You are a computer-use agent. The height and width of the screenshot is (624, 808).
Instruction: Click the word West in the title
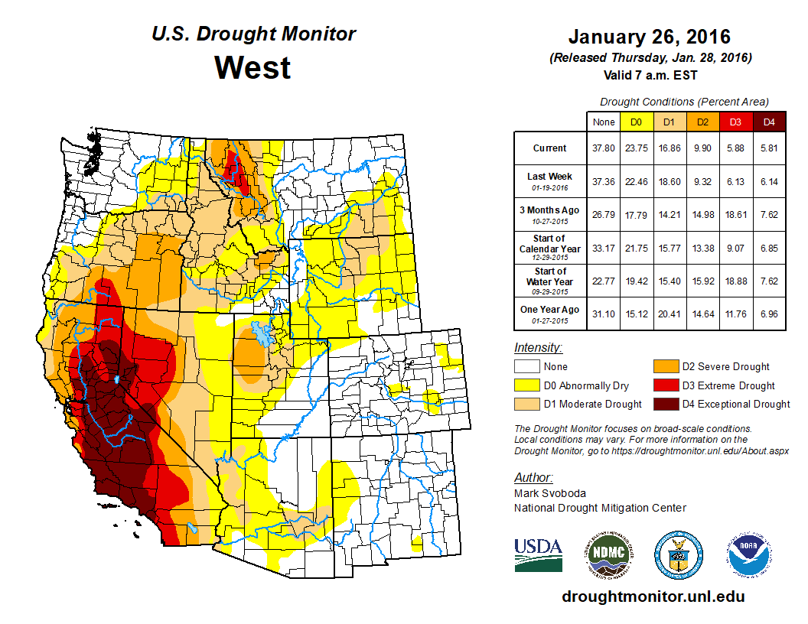(x=252, y=67)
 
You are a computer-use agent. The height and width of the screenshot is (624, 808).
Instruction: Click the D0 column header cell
(x=635, y=122)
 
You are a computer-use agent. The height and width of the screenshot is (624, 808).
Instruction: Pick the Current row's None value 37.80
(x=603, y=148)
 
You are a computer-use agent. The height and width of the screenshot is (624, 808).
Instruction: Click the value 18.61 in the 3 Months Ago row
(x=735, y=215)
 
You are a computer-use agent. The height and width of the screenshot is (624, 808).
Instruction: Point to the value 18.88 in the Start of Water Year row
(x=735, y=281)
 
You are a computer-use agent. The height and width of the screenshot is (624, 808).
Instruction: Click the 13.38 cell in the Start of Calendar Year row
(x=701, y=248)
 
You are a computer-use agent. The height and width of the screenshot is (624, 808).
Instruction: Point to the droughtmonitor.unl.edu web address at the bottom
(x=653, y=596)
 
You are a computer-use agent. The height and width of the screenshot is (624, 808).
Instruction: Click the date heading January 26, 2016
(x=649, y=37)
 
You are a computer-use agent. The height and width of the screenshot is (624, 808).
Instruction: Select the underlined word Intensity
(x=538, y=347)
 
